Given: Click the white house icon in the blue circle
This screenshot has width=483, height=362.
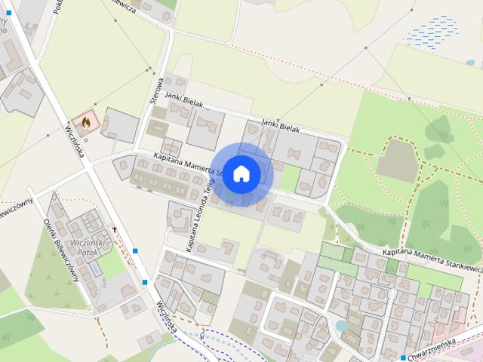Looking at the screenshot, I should click(x=241, y=173).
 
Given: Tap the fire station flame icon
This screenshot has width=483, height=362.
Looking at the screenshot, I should click(x=86, y=121).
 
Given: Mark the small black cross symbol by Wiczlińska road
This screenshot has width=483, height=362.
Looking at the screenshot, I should click(x=115, y=229).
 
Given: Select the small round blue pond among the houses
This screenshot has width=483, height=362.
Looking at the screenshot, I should click(x=341, y=326).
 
